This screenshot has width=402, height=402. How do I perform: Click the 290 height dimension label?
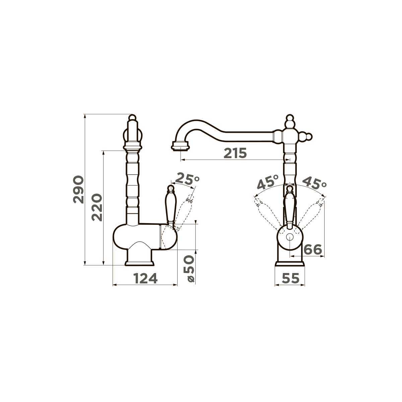(78, 189)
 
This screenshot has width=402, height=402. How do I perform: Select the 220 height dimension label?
(97, 207)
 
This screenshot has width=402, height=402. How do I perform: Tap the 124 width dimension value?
(145, 278)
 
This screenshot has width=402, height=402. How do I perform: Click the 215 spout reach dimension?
(235, 153)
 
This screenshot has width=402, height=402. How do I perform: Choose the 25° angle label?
(187, 179)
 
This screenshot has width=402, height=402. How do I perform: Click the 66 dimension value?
(313, 250)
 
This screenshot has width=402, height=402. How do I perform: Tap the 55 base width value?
(290, 278)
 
